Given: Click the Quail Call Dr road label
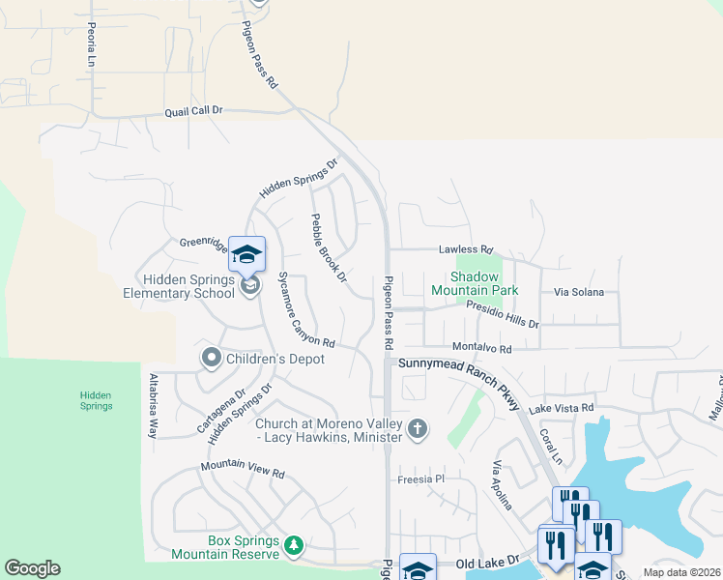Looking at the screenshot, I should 193,111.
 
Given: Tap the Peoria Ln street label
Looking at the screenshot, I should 92,44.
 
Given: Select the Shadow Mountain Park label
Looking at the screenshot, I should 475,283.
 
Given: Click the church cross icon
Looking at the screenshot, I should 418,429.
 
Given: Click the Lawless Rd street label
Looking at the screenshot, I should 465,248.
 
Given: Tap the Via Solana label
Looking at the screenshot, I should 578,292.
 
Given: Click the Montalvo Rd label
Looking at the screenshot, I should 480,348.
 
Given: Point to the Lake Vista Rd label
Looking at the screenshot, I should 561,409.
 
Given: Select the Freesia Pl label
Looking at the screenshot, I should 420,478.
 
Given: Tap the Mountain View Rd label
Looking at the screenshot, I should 243,469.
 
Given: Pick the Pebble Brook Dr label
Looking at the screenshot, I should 328,248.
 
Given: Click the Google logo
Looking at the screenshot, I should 32,568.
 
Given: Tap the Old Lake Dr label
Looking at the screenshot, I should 488,562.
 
